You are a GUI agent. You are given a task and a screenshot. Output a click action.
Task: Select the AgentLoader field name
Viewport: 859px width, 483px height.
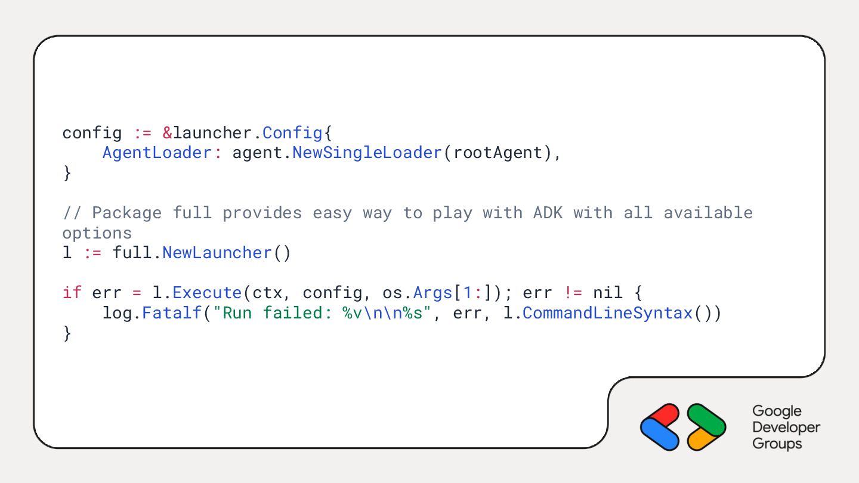(157, 153)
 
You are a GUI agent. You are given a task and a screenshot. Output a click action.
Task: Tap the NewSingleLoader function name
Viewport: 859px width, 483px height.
(367, 153)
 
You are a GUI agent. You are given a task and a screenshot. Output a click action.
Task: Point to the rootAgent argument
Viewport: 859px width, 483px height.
(498, 153)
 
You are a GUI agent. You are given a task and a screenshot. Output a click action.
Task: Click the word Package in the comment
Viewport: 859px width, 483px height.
(126, 213)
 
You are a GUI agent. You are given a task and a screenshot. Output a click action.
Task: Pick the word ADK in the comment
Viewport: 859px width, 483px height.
(548, 213)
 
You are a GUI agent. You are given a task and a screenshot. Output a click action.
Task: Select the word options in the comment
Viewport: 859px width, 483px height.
(97, 233)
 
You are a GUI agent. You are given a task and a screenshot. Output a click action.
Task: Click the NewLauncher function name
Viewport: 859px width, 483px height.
(217, 253)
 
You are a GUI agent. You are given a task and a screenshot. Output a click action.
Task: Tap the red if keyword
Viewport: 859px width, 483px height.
(72, 293)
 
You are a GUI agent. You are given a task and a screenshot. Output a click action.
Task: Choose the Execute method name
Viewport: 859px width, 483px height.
(207, 293)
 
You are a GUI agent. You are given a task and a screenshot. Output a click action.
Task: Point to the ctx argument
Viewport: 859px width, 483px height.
(267, 293)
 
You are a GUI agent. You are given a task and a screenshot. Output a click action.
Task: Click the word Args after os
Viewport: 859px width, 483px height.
(433, 293)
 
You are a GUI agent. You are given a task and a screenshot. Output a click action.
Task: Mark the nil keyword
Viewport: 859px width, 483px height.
(608, 293)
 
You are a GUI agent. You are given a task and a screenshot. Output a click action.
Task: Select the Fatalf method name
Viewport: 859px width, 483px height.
(172, 313)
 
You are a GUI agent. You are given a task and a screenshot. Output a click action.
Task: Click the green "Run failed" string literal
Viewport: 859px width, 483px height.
(327, 313)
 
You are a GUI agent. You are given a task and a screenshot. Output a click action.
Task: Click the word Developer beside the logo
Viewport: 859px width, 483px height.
(786, 428)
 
